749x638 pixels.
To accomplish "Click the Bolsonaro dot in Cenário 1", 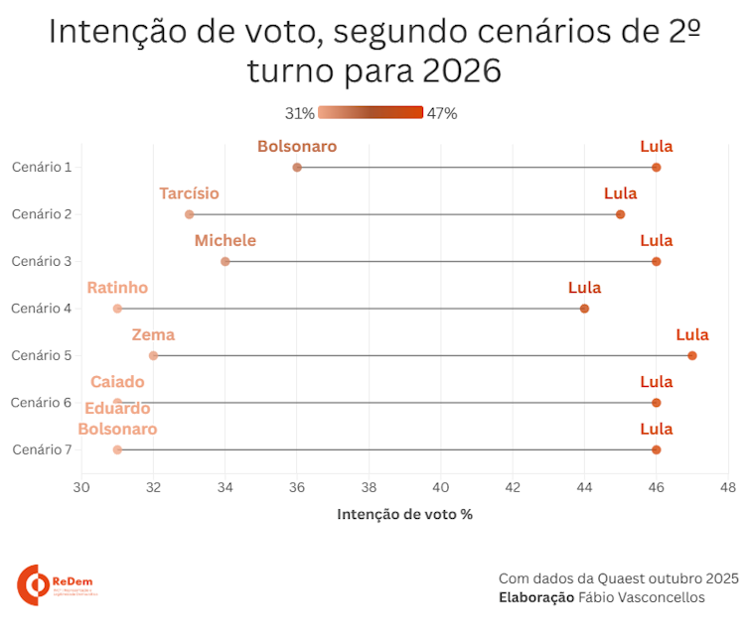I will coord(297,167).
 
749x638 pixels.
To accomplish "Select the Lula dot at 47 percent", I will coord(692,355).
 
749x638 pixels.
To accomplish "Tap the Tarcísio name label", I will coord(189,193).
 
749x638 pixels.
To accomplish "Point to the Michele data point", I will coord(225,261).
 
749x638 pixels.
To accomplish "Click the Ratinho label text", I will coord(117,288).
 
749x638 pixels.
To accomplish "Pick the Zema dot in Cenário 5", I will coord(153,355).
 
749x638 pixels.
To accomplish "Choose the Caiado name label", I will coord(117,382).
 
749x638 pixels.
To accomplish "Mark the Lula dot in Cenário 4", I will coord(584,309).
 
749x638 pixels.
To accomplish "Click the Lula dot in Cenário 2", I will coord(621,214).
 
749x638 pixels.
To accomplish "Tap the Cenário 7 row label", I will coord(42,449).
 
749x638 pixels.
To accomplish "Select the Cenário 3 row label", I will coord(42,261).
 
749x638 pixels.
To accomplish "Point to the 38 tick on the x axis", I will coord(369,487).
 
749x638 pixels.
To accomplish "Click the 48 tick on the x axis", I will coord(728,487).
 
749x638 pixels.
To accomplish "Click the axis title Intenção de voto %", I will coord(404,514).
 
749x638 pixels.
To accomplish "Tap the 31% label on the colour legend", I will coord(300,113).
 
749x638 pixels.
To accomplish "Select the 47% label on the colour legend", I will coord(442,113).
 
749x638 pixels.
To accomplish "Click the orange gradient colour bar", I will coord(371,113).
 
